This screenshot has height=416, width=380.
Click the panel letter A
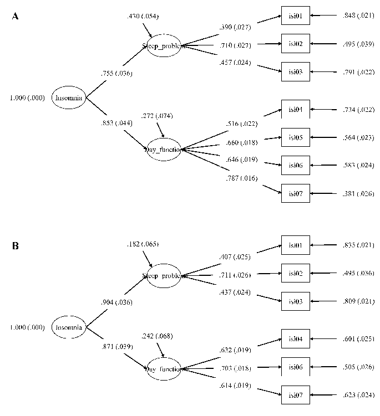click(16, 17)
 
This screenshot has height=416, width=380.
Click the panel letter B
click(16, 245)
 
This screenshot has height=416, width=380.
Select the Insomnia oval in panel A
click(68, 99)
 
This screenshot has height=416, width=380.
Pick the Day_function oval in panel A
click(163, 149)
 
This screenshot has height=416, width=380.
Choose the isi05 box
click(295, 137)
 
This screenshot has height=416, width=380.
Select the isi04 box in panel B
click(295, 339)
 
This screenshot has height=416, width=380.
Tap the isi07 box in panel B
click(295, 394)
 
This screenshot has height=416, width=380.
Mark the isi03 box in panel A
click(295, 70)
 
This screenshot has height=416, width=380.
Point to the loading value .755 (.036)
click(116, 73)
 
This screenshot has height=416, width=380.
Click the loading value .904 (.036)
click(116, 302)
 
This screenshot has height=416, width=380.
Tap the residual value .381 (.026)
click(358, 193)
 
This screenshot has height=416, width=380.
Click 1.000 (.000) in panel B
click(27, 327)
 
